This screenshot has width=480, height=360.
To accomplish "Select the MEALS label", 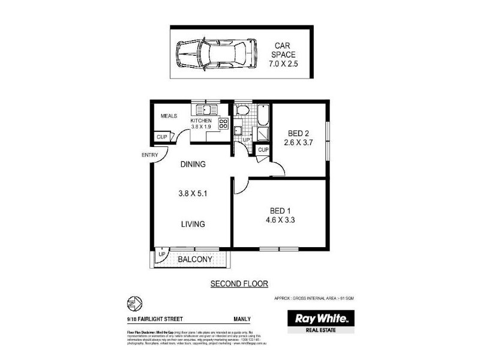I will point(169,116).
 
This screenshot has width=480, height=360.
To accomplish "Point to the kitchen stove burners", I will point(223,124).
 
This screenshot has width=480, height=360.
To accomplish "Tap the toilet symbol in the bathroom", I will point(242,110).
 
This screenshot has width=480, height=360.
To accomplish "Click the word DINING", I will point(193,164).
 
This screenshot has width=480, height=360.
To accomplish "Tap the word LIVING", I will point(193,224).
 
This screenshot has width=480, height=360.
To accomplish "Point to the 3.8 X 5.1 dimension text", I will point(193,194).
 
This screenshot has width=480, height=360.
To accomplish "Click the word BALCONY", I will point(194,260).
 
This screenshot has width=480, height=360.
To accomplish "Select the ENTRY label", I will point(150,155).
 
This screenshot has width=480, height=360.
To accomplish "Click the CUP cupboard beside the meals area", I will point(162,137).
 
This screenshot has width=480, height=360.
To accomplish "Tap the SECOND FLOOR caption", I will point(239,283).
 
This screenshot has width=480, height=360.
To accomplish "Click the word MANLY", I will point(242,319).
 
